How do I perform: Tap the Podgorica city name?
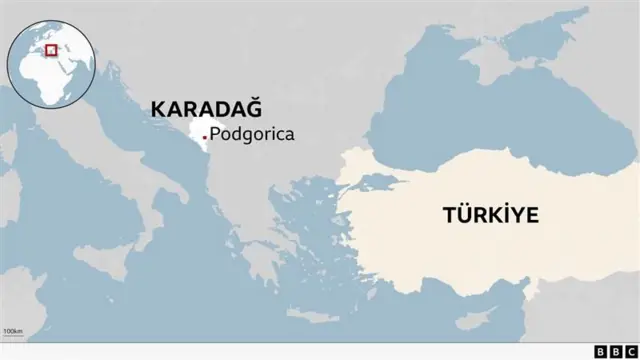click(x=253, y=135)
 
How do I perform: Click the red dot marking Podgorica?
click(x=205, y=136)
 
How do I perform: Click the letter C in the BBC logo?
click(x=628, y=351)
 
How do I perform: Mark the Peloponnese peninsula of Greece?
click(x=258, y=263)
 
